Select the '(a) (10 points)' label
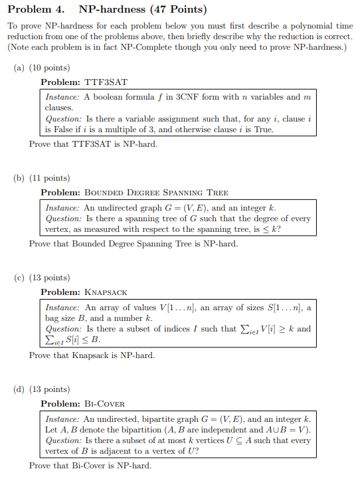click(x=41, y=68)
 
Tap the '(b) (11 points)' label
click(x=41, y=178)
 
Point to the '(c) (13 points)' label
click(x=41, y=278)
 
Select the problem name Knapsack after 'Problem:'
click(x=106, y=292)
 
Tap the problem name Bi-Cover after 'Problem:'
click(x=104, y=403)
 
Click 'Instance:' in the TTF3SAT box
click(x=62, y=97)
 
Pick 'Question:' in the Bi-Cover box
click(x=63, y=441)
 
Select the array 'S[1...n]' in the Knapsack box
click(x=285, y=308)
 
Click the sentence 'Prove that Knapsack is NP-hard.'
click(x=92, y=355)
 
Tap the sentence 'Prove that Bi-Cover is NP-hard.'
click(x=90, y=466)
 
